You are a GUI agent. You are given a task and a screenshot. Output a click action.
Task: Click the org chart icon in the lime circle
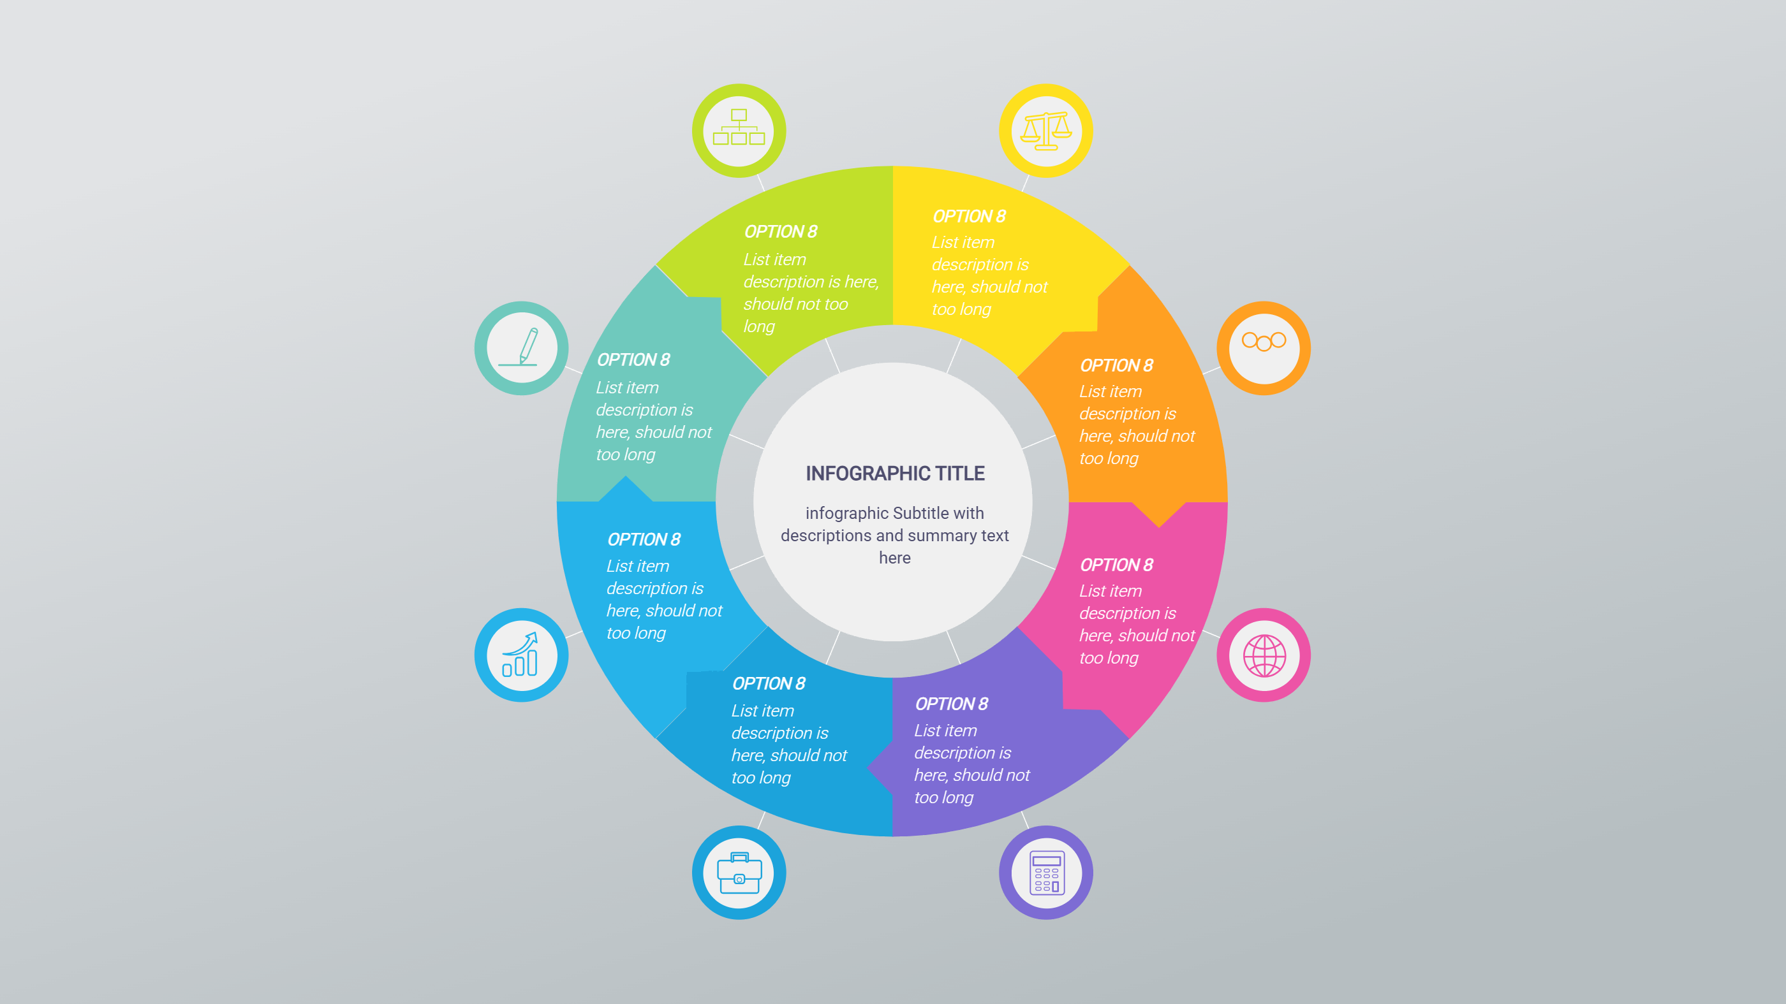click(739, 128)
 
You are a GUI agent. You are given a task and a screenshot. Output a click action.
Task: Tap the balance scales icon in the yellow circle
click(1046, 130)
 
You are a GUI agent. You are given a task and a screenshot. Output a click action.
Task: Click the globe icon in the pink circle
click(1264, 655)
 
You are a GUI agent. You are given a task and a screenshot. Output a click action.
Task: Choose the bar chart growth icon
click(520, 655)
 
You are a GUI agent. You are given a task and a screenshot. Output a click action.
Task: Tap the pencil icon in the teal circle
click(526, 346)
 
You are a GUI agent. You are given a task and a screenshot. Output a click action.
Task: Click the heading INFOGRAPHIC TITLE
click(894, 473)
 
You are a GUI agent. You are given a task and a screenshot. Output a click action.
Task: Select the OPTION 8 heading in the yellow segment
click(968, 217)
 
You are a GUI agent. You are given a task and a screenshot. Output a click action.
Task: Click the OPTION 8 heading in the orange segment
click(1116, 366)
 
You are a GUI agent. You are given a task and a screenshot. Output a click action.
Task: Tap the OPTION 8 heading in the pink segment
click(1116, 565)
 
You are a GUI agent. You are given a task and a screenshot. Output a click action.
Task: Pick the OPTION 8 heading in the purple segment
click(951, 704)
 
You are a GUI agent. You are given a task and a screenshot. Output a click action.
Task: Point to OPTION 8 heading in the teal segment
click(633, 360)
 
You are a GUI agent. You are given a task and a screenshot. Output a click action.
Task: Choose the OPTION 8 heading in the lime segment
click(780, 232)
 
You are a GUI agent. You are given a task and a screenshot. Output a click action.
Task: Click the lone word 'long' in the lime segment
click(759, 326)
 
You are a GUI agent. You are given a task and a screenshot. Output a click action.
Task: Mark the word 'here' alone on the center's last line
click(894, 558)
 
